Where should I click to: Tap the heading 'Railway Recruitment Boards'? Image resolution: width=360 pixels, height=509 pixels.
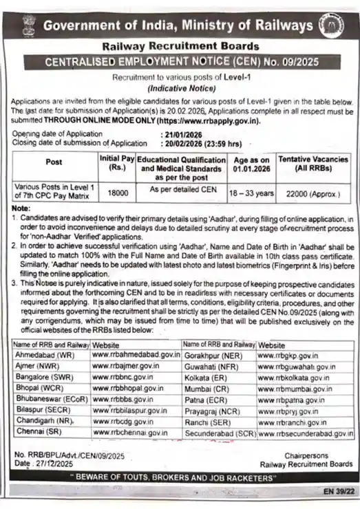(180, 47)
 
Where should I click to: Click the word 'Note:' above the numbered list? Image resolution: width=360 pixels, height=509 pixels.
(21, 208)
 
